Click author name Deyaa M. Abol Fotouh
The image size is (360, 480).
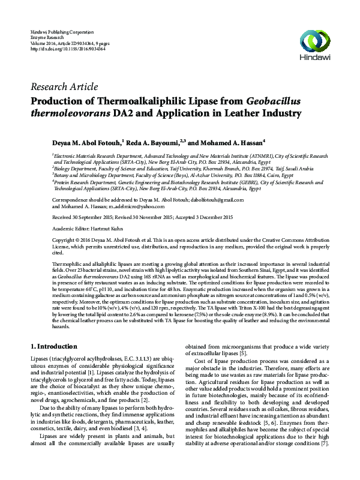click(x=88, y=143)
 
